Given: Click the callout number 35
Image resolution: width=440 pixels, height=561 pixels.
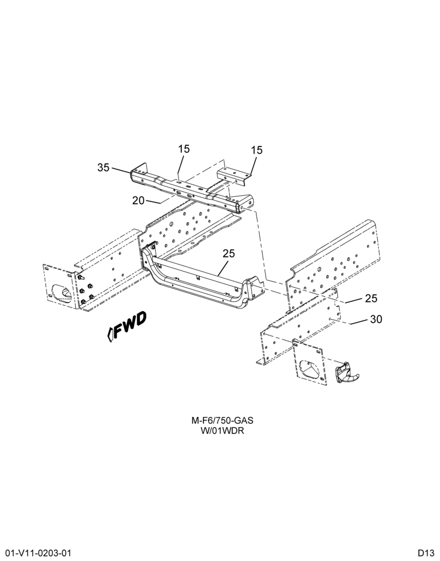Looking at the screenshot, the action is click(x=103, y=167).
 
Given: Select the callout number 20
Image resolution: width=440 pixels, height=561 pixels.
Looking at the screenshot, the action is click(x=138, y=200).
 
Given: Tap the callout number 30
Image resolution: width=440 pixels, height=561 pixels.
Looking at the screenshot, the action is click(x=376, y=319).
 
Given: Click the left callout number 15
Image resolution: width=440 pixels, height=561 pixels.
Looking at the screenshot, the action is click(x=184, y=149).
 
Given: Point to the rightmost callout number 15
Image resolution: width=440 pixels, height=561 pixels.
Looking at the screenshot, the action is click(x=256, y=150).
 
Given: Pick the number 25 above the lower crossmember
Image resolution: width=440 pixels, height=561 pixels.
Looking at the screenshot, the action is click(x=229, y=254).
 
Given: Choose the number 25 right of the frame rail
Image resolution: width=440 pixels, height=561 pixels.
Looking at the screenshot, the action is click(x=372, y=298).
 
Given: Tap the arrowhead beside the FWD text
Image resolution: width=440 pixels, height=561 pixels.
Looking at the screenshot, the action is click(x=110, y=334).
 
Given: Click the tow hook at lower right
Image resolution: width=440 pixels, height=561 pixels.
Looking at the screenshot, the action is click(x=347, y=373).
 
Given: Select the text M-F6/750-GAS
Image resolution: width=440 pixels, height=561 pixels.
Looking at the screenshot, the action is click(x=222, y=420).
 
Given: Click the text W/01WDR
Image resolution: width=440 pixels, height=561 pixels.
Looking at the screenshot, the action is click(x=222, y=430).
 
